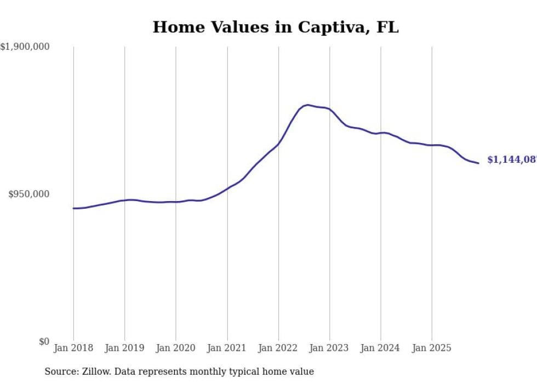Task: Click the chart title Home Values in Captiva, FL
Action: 275,27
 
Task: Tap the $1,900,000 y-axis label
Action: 25,47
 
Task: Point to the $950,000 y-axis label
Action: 28,194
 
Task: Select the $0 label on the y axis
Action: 44,341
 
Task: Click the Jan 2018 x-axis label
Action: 73,348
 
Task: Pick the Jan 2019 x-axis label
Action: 124,348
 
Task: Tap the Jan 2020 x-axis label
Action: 176,348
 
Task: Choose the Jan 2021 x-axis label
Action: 227,348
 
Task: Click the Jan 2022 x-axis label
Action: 278,348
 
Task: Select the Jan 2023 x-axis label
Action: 329,348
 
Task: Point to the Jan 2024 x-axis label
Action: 381,348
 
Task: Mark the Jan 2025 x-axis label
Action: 432,348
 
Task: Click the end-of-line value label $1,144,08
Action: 511,159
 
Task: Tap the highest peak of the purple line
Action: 307,105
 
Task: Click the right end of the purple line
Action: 478,163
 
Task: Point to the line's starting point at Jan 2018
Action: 73,208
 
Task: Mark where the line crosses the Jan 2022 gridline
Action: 278,144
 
